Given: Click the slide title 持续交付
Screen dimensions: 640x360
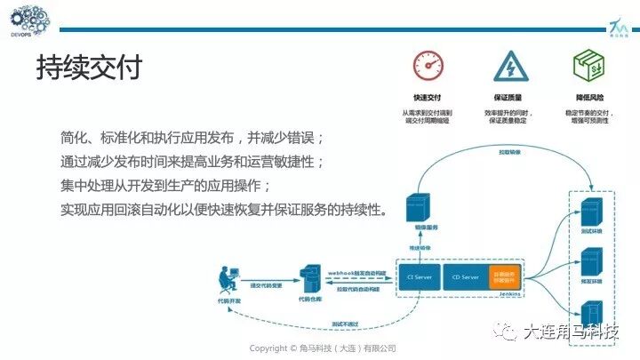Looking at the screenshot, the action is (88, 68).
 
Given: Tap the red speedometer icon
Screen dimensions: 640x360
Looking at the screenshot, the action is (428, 67).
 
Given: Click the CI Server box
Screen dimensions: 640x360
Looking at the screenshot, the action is (418, 277).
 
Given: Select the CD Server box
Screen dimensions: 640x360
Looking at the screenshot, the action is (465, 277).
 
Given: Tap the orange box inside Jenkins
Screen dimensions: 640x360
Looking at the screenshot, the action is (503, 276).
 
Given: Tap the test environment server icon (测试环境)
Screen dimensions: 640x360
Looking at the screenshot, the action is (588, 213).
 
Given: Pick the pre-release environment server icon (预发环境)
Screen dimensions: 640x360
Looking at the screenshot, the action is (588, 263).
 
